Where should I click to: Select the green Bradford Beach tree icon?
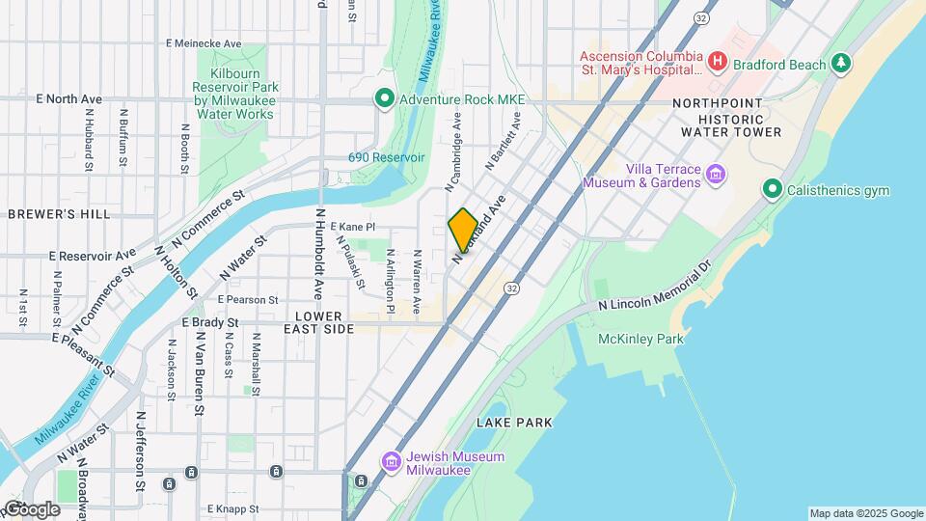[x=842, y=64]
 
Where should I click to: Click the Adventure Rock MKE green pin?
[x=384, y=98]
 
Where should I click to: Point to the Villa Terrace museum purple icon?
[x=715, y=175]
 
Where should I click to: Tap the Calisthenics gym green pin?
[x=771, y=190]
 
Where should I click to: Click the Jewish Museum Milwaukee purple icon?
[x=391, y=461]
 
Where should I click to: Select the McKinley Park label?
[x=640, y=339]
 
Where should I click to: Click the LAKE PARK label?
[x=514, y=423]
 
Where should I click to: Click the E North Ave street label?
[x=68, y=99]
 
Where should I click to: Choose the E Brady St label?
[x=209, y=323]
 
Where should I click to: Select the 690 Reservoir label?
[x=386, y=157]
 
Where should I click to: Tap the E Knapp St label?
[x=232, y=508]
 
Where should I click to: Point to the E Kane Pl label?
[x=352, y=227]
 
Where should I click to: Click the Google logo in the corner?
[x=31, y=508]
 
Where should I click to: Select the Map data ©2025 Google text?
[x=865, y=513]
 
